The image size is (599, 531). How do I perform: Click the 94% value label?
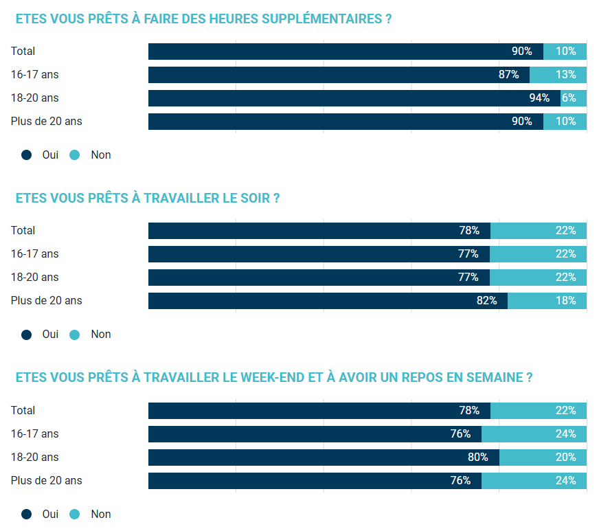(x=539, y=98)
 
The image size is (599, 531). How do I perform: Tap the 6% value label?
(x=569, y=98)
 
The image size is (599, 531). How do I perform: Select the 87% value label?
(x=508, y=74)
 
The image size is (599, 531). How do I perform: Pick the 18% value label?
(x=566, y=300)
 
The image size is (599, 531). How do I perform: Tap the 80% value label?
(x=478, y=457)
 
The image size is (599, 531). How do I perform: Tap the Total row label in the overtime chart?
(x=23, y=51)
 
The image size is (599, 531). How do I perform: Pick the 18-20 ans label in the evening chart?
(x=34, y=277)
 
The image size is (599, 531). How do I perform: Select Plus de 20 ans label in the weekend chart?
(x=46, y=480)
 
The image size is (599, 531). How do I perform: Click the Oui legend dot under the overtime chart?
(x=27, y=155)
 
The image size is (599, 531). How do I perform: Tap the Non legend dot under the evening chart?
(x=75, y=335)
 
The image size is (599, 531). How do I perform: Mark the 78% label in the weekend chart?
(x=469, y=410)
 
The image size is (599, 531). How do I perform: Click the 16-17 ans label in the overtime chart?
(x=34, y=74)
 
